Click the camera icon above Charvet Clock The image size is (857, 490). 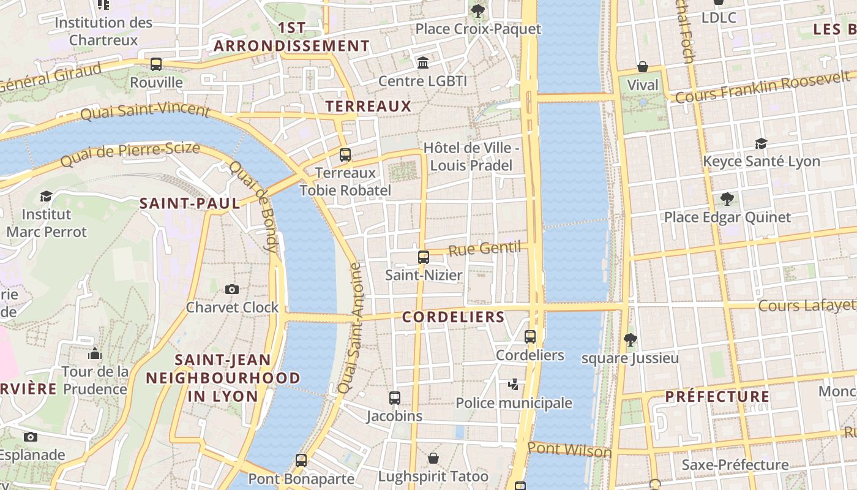tap(231, 289)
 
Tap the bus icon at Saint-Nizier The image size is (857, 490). tap(423, 257)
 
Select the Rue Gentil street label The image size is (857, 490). tap(485, 249)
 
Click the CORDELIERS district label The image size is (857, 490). tap(453, 317)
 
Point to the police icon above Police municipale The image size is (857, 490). tap(514, 385)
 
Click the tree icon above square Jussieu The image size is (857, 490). tap(629, 339)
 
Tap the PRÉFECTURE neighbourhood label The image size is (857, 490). tap(717, 396)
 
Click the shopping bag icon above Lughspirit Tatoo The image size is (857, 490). tap(433, 458)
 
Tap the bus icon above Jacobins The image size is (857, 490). tap(395, 398)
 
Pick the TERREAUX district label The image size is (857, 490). tap(369, 107)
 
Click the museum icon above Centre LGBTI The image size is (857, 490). tap(422, 62)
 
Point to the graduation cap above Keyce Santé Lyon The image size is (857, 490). tap(761, 143)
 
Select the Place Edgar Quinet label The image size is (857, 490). tap(727, 217)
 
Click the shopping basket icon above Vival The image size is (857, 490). tap(643, 66)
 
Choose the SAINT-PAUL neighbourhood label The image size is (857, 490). tap(190, 203)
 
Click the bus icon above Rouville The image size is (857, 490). tap(156, 64)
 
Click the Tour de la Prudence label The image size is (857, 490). tap(95, 380)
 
